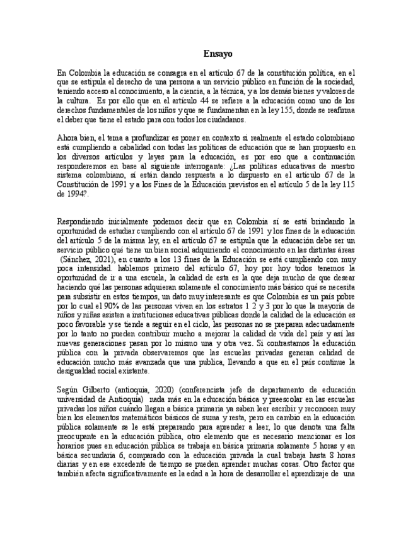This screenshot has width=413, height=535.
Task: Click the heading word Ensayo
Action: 218,54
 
